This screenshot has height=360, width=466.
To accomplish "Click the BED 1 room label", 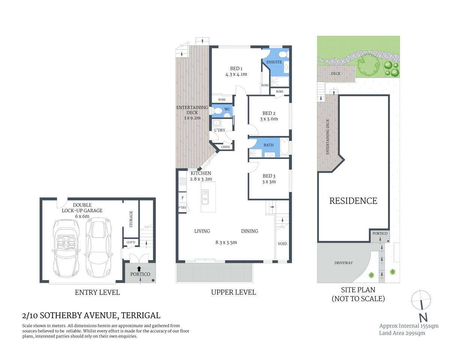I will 236,69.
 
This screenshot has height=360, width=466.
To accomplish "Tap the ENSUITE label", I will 274,62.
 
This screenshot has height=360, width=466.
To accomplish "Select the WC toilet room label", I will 227,109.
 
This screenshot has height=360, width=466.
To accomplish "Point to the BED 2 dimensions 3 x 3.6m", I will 269,119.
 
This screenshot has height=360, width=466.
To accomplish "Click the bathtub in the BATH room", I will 284,147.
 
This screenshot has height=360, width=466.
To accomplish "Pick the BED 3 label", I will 269,176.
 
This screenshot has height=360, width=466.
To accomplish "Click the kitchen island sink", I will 205,194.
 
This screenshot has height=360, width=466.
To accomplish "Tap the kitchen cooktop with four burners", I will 182,181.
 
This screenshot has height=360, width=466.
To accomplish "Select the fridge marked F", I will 183,198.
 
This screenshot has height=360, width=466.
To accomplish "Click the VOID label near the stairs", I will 282,244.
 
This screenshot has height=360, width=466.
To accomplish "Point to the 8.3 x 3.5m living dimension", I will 226,242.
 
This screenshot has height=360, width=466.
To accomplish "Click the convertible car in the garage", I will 66,247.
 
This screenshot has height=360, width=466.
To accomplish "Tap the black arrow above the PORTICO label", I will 139,268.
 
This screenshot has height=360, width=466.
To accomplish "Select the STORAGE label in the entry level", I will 131,219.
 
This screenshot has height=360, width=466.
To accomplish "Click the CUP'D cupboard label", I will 131,242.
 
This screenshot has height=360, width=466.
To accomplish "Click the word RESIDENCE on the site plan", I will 353,201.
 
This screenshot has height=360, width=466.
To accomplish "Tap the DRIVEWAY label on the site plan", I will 343,263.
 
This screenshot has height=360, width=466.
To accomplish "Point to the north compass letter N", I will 423,317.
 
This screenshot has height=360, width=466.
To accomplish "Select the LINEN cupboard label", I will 225,147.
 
